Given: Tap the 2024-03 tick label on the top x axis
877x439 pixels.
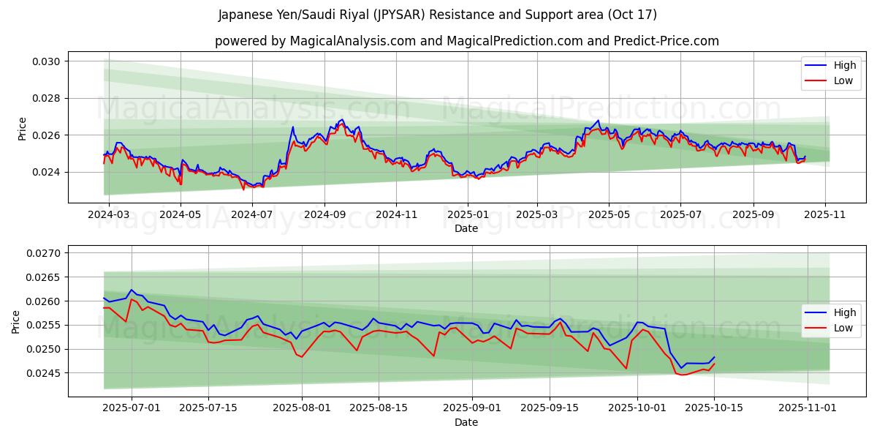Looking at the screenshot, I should click(x=108, y=215).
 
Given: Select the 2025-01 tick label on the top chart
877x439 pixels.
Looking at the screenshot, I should click(x=467, y=215).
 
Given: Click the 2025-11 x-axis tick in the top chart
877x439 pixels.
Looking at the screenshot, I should click(x=825, y=215).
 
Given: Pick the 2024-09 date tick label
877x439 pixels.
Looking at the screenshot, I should click(x=324, y=215).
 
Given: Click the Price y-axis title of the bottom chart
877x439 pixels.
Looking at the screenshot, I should click(x=16, y=321).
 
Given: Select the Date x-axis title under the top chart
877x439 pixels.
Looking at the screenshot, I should click(x=466, y=228).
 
